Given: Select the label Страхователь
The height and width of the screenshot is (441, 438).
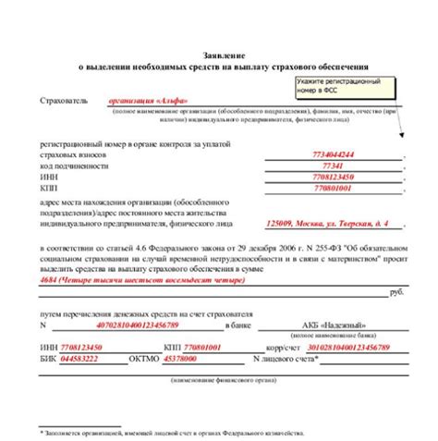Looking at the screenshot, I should [x=63, y=100].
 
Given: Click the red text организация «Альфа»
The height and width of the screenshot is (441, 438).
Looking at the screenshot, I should [x=143, y=100].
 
